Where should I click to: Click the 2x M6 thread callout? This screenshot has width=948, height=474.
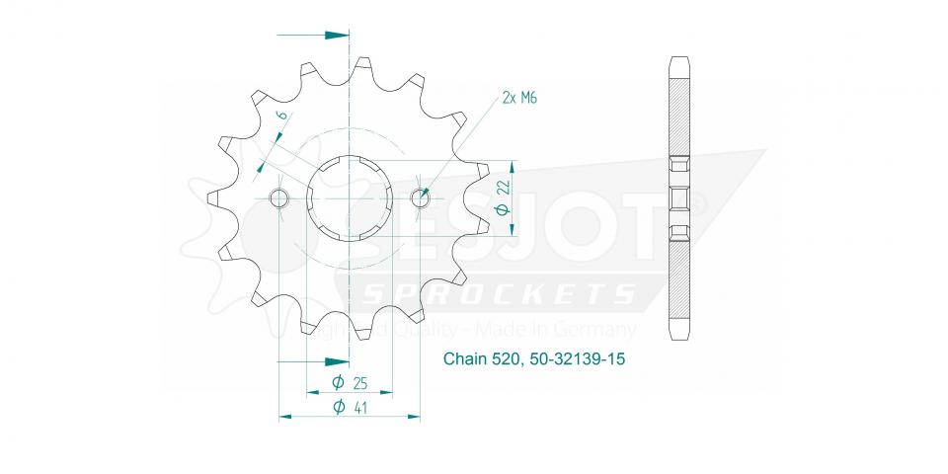(x=519, y=98)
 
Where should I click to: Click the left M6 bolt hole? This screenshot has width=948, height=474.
(x=279, y=198)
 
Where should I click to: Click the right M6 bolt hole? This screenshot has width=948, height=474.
(x=420, y=198)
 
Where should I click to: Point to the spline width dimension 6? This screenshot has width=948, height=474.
(x=281, y=117)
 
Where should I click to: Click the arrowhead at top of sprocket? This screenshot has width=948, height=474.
(x=337, y=35)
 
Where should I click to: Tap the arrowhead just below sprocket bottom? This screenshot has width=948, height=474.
(x=337, y=361)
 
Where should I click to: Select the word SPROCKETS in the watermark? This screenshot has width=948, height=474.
(x=499, y=294)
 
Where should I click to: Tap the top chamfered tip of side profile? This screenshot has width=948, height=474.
(x=678, y=57)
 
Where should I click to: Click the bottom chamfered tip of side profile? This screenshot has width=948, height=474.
(x=678, y=334)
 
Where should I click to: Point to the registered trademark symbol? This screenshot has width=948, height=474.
(x=697, y=202)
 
